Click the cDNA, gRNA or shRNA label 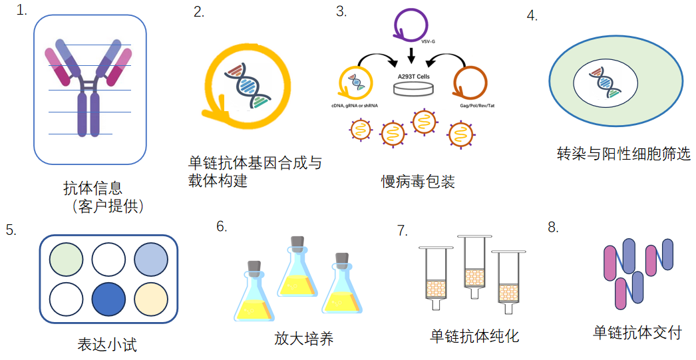pyautogui.click(x=355, y=105)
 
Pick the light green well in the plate pyautogui.click(x=67, y=260)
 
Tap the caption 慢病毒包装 pyautogui.click(x=417, y=182)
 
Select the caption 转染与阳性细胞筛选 pyautogui.click(x=623, y=154)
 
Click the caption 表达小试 pyautogui.click(x=107, y=345)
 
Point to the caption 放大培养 pyautogui.click(x=303, y=339)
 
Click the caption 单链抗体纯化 pyautogui.click(x=474, y=336)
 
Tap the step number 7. pyautogui.click(x=401, y=230)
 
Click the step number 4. pyautogui.click(x=532, y=16)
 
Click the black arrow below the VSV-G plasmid pyautogui.click(x=413, y=54)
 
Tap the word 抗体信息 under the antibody pyautogui.click(x=92, y=188)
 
